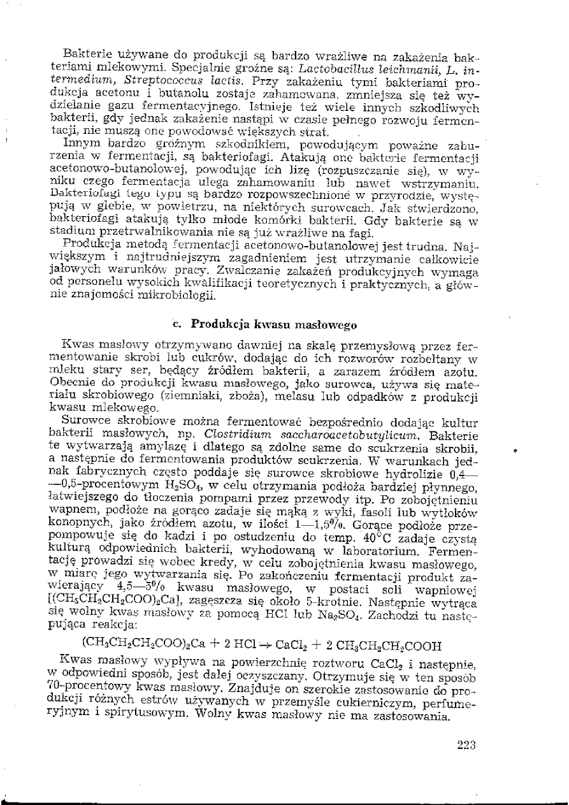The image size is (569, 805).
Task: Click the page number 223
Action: pos(468,744)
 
